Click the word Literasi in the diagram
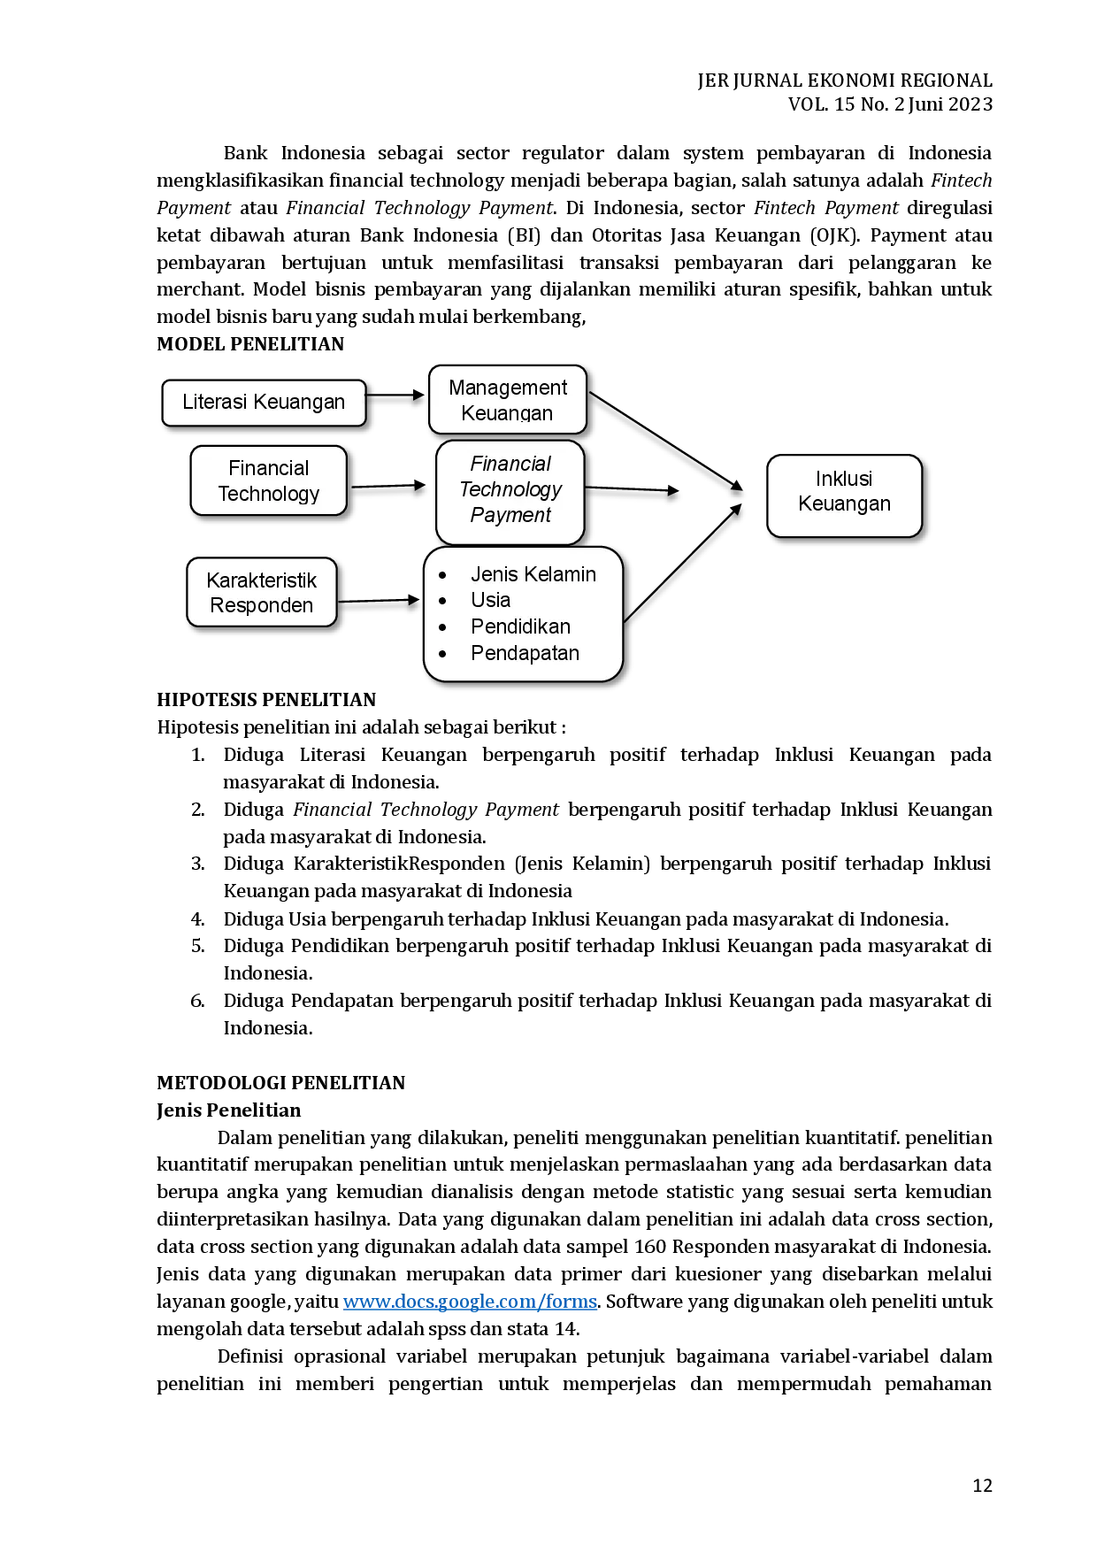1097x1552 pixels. pos(212,403)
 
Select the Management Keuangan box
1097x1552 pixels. pos(508,400)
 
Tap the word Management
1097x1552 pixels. pos(508,388)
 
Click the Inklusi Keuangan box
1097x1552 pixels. pos(844,495)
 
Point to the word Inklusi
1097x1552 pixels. pos(844,479)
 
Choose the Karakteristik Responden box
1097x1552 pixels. pos(262,592)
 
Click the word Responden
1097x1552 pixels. pos(262,605)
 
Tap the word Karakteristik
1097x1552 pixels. pos(262,580)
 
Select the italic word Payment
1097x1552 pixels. pos(510,515)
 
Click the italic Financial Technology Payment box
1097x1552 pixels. pos(510,492)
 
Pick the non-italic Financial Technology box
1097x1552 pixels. pos(269,480)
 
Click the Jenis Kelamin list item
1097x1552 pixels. pos(533,574)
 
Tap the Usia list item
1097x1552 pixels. pos(490,600)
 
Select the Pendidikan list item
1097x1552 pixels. pos(520,626)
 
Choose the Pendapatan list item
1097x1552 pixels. pos(525,653)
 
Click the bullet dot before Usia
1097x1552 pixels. pos(442,601)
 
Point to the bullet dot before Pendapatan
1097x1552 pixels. pos(442,655)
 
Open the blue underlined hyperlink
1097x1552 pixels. pos(470,1303)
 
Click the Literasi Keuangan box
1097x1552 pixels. pos(264,403)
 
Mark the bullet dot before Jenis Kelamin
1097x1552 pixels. pos(442,575)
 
